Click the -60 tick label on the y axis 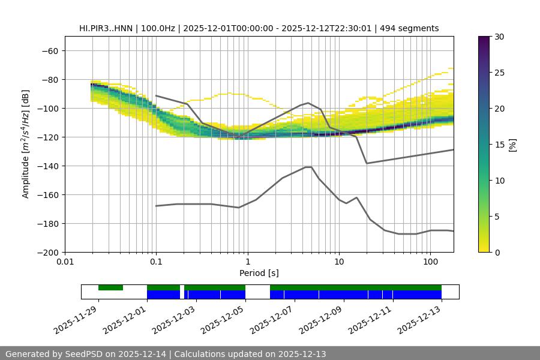click(49, 50)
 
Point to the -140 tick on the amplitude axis click(46, 166)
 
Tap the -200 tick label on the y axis click(46, 252)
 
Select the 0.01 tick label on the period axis click(65, 262)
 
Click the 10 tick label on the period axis click(338, 262)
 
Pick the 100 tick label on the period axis click(430, 262)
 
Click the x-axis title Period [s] click(259, 273)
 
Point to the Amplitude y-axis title click(26, 144)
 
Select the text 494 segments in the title click(409, 28)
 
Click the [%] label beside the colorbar click(512, 144)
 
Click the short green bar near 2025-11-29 click(110, 288)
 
